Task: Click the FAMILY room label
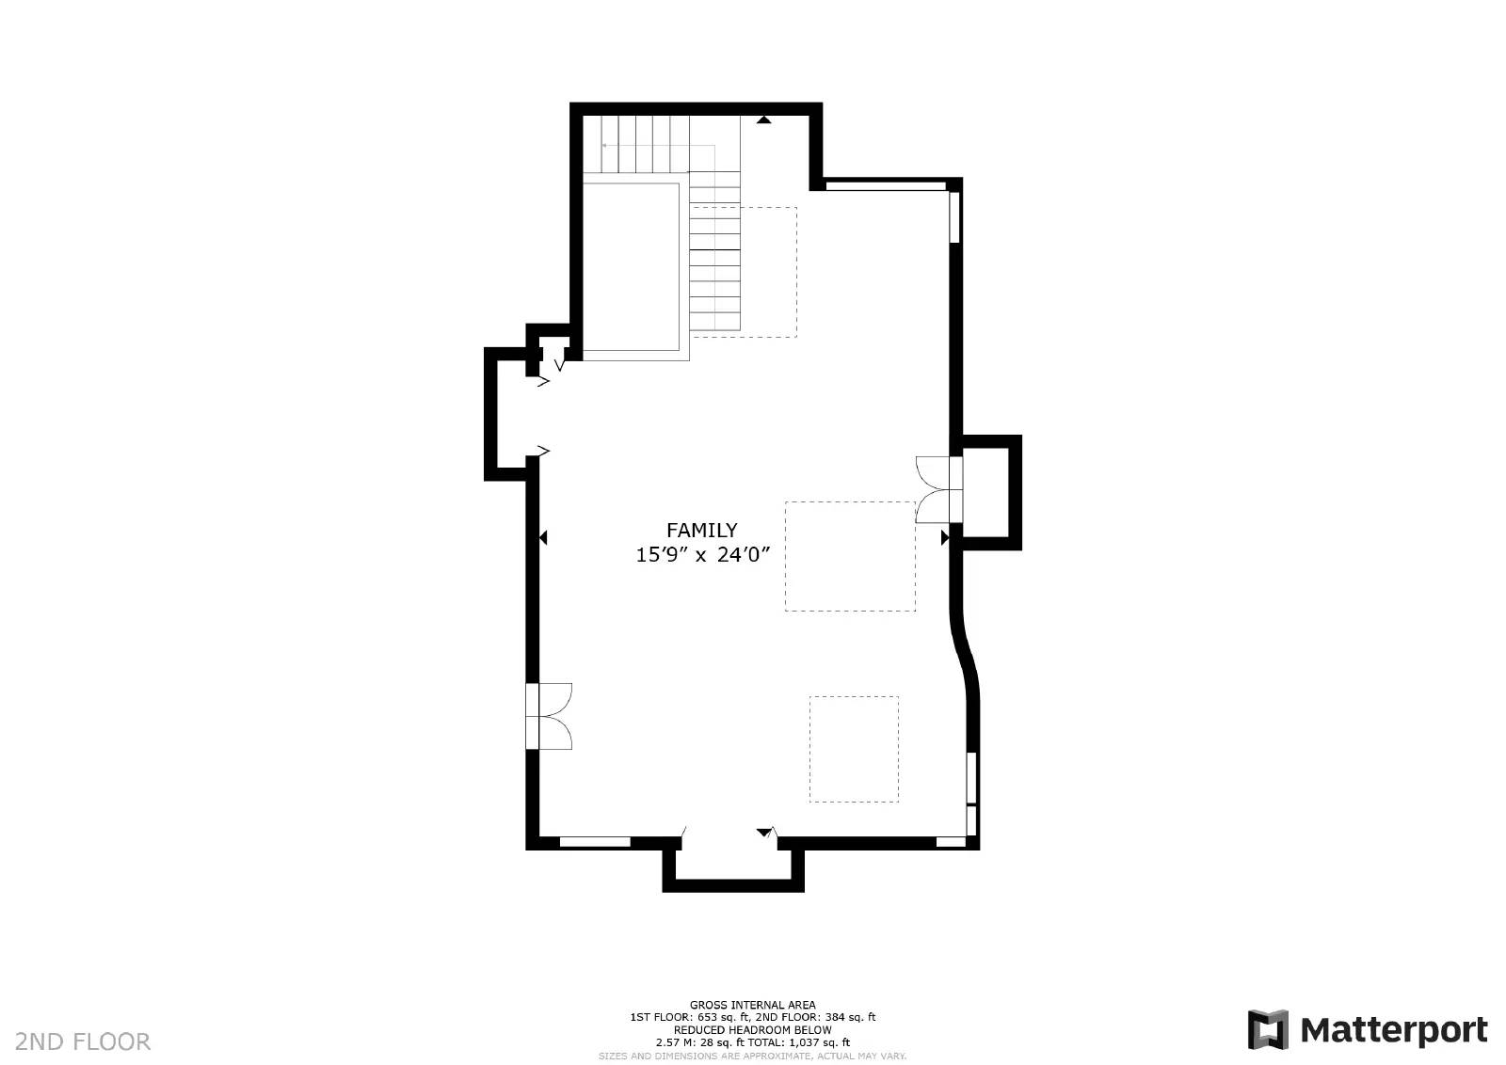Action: coord(701,530)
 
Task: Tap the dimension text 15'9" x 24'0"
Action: coord(703,555)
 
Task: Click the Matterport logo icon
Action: coord(1267,1029)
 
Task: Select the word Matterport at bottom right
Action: coord(1394,1030)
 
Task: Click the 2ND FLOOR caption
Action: coord(83,1041)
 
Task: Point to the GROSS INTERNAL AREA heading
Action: coord(752,1005)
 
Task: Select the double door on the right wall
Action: coord(937,488)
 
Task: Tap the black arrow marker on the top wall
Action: coord(764,119)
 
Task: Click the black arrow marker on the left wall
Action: coord(543,537)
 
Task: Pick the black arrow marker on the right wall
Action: coord(944,537)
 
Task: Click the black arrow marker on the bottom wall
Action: coord(763,833)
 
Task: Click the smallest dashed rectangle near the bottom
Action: coord(854,749)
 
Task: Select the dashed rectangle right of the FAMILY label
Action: coord(850,556)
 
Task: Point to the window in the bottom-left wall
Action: coord(595,842)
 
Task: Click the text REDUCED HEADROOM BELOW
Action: coord(752,1029)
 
